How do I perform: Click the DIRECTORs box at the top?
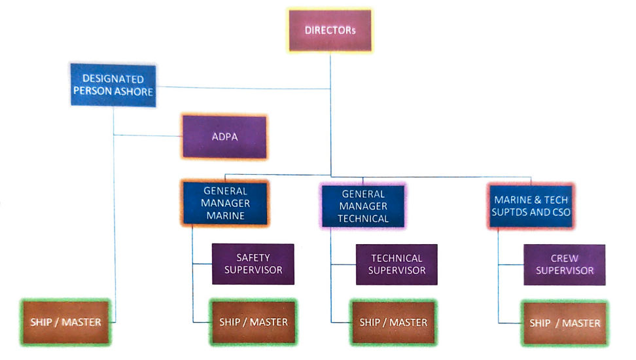point(330,31)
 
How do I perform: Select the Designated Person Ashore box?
point(113,85)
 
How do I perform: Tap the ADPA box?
point(224,137)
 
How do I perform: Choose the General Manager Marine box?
point(225,204)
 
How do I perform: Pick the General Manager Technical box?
point(363,206)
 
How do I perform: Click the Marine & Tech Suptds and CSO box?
point(531,206)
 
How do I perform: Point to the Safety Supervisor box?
point(253,264)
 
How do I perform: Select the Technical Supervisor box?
point(397,264)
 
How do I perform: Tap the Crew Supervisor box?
point(564,264)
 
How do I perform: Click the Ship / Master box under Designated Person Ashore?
point(65,322)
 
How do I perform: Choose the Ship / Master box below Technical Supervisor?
point(393,322)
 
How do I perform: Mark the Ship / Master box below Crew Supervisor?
point(564,323)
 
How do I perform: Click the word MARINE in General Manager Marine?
point(225,215)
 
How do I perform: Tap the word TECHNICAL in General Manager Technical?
point(363,218)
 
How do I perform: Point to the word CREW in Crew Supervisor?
point(565,259)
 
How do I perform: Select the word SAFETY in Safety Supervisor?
point(253,258)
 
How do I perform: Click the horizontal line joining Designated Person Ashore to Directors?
point(242,87)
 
